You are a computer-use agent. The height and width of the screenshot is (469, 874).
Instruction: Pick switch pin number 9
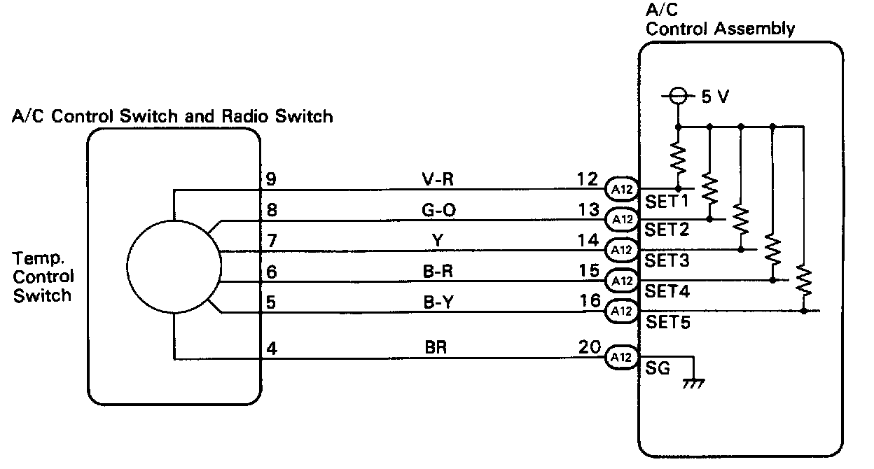(x=271, y=179)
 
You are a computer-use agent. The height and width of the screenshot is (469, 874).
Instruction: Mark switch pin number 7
(x=271, y=241)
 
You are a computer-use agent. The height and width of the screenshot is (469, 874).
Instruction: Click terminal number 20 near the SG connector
(x=590, y=346)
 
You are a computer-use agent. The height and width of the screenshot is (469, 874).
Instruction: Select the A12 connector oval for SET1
(x=620, y=188)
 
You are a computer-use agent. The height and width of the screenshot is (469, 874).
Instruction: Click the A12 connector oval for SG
(x=620, y=357)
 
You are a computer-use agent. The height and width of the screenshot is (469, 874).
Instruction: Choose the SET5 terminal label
(x=667, y=323)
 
